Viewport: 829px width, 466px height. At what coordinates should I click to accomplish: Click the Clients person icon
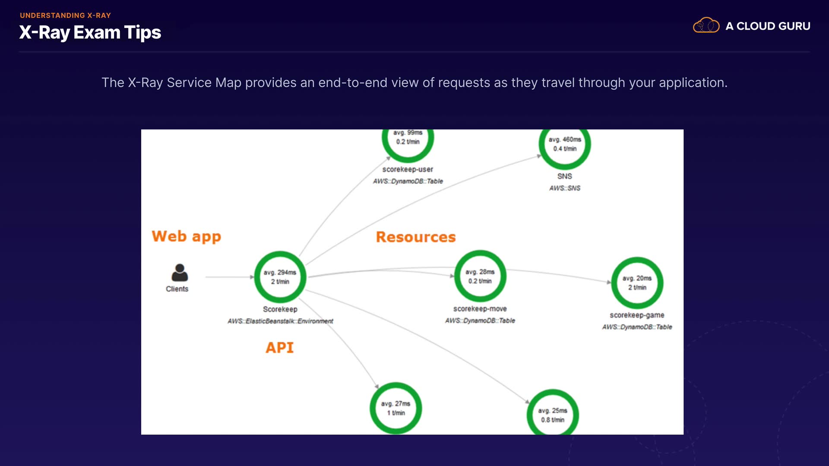click(180, 273)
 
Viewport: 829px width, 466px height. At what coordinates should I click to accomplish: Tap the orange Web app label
click(186, 236)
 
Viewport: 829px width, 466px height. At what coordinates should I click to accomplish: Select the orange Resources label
click(415, 237)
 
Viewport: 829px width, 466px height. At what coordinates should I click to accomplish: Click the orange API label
click(279, 348)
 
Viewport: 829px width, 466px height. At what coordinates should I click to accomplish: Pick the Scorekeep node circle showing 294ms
click(280, 277)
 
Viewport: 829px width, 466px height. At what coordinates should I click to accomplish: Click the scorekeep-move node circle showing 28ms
click(480, 276)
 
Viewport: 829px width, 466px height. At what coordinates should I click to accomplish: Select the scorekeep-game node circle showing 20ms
click(637, 283)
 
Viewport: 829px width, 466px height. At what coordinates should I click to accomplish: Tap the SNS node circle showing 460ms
click(565, 145)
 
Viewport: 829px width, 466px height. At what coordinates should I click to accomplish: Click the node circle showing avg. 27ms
click(396, 408)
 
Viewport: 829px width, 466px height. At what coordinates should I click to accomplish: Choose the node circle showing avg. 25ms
click(553, 414)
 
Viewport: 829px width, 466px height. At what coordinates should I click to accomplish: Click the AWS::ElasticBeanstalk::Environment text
click(280, 321)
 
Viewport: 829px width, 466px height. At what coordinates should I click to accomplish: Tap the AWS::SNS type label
click(565, 188)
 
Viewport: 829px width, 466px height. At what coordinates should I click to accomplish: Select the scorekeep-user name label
click(408, 170)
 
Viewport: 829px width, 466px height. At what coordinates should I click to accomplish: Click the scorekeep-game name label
click(637, 315)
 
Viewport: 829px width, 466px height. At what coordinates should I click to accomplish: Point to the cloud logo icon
click(706, 25)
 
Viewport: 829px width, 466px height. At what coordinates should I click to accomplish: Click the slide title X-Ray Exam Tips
click(90, 33)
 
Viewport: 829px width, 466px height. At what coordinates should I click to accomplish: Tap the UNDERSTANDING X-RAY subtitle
click(65, 16)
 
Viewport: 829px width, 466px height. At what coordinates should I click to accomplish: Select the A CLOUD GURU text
click(768, 26)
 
